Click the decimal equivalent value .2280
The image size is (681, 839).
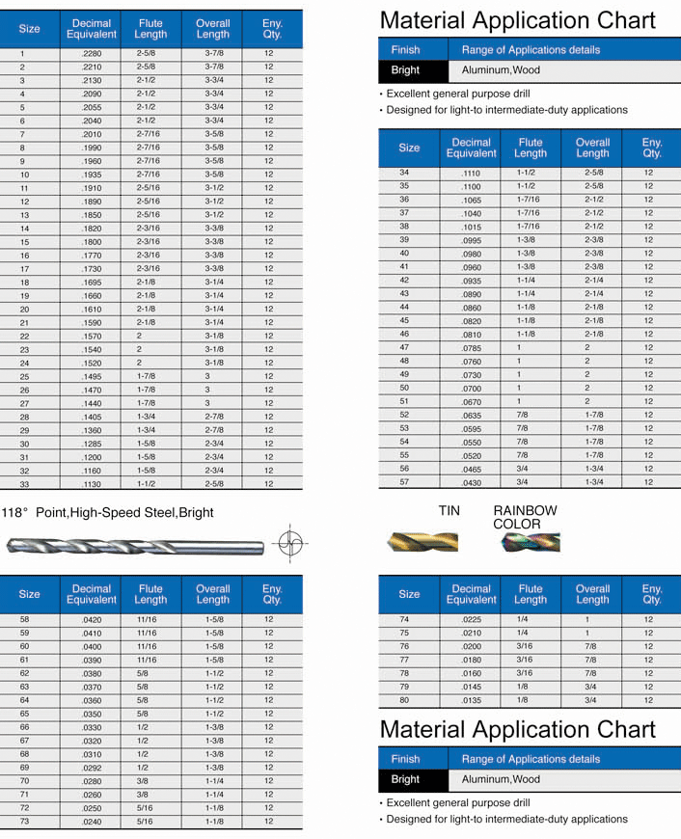tap(92, 54)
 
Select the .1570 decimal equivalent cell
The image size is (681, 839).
tap(92, 336)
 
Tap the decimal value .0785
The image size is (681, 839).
tap(471, 347)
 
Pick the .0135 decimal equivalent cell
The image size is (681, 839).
tap(471, 700)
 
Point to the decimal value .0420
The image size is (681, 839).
tap(92, 619)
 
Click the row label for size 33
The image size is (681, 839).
tap(24, 484)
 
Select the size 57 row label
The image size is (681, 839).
tap(404, 481)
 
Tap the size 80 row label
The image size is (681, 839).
tap(404, 700)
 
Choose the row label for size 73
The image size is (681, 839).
tap(24, 822)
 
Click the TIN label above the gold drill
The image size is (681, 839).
tap(449, 510)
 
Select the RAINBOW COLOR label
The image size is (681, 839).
tap(525, 517)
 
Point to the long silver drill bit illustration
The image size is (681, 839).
tap(135, 546)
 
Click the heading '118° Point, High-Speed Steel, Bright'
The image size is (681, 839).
tap(108, 512)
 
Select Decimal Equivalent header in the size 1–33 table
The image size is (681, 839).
tap(92, 29)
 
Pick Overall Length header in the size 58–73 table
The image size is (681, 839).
tap(213, 594)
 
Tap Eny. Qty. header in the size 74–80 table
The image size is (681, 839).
tap(652, 594)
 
